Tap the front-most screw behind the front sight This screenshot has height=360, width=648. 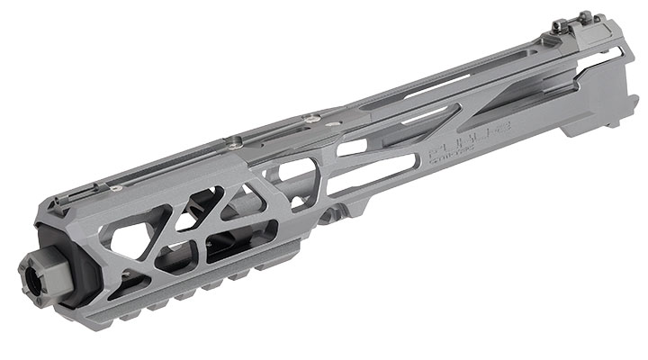click(116, 189)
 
